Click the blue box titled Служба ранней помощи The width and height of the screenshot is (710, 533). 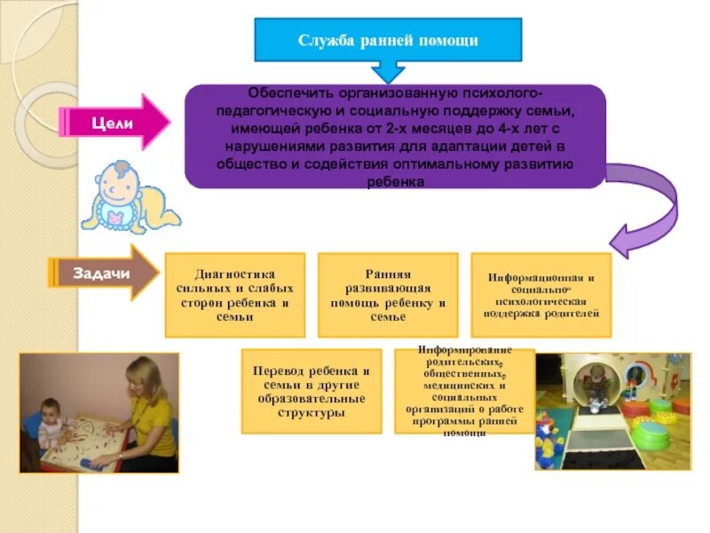pos(388,40)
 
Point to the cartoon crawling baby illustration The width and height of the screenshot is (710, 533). pos(128,197)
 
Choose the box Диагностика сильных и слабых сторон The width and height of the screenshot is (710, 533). pos(235,295)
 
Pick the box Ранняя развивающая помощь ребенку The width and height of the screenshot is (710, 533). pos(388,295)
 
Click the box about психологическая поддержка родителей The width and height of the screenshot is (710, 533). pos(540,296)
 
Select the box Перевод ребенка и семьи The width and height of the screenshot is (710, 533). pos(311,391)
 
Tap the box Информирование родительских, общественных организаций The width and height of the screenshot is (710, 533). pos(464,391)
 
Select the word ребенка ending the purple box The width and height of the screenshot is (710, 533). pos(395,182)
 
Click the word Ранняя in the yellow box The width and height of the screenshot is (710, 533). pos(387,274)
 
